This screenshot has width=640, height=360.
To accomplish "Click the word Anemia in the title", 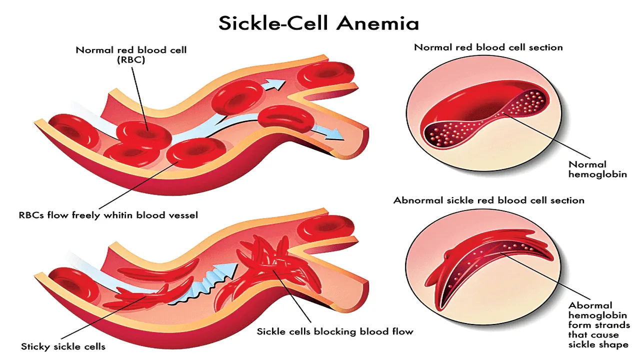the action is click(x=377, y=23).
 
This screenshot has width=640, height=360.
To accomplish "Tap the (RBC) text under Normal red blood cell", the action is click(x=131, y=60).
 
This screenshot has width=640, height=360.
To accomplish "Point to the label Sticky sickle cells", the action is click(x=63, y=346).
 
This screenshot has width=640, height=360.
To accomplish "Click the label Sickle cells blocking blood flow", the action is click(x=335, y=331).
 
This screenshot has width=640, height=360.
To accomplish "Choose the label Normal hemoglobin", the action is click(x=597, y=169).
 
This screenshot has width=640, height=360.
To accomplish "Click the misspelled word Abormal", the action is click(x=590, y=305).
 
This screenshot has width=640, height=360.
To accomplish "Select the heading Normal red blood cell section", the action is click(x=488, y=47).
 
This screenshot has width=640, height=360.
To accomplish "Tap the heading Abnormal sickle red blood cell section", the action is click(x=489, y=200).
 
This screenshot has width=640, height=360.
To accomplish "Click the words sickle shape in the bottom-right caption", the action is click(x=598, y=344).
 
